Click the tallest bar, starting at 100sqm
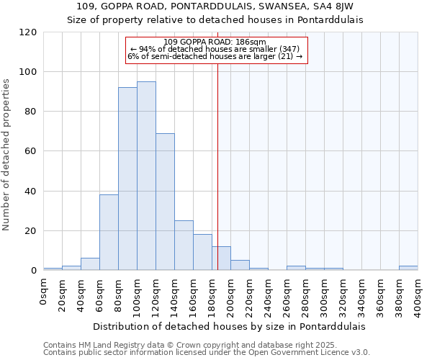[x=146, y=176]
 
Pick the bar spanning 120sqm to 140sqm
[x=165, y=202]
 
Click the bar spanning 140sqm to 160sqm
[x=184, y=246]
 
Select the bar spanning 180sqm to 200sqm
[x=221, y=258]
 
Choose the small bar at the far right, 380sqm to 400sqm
[x=408, y=268]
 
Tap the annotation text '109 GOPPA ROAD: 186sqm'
[x=215, y=42]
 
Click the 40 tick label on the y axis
[x=31, y=192]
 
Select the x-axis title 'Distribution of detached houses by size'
[x=229, y=326]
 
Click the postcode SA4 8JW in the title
[x=333, y=6]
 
